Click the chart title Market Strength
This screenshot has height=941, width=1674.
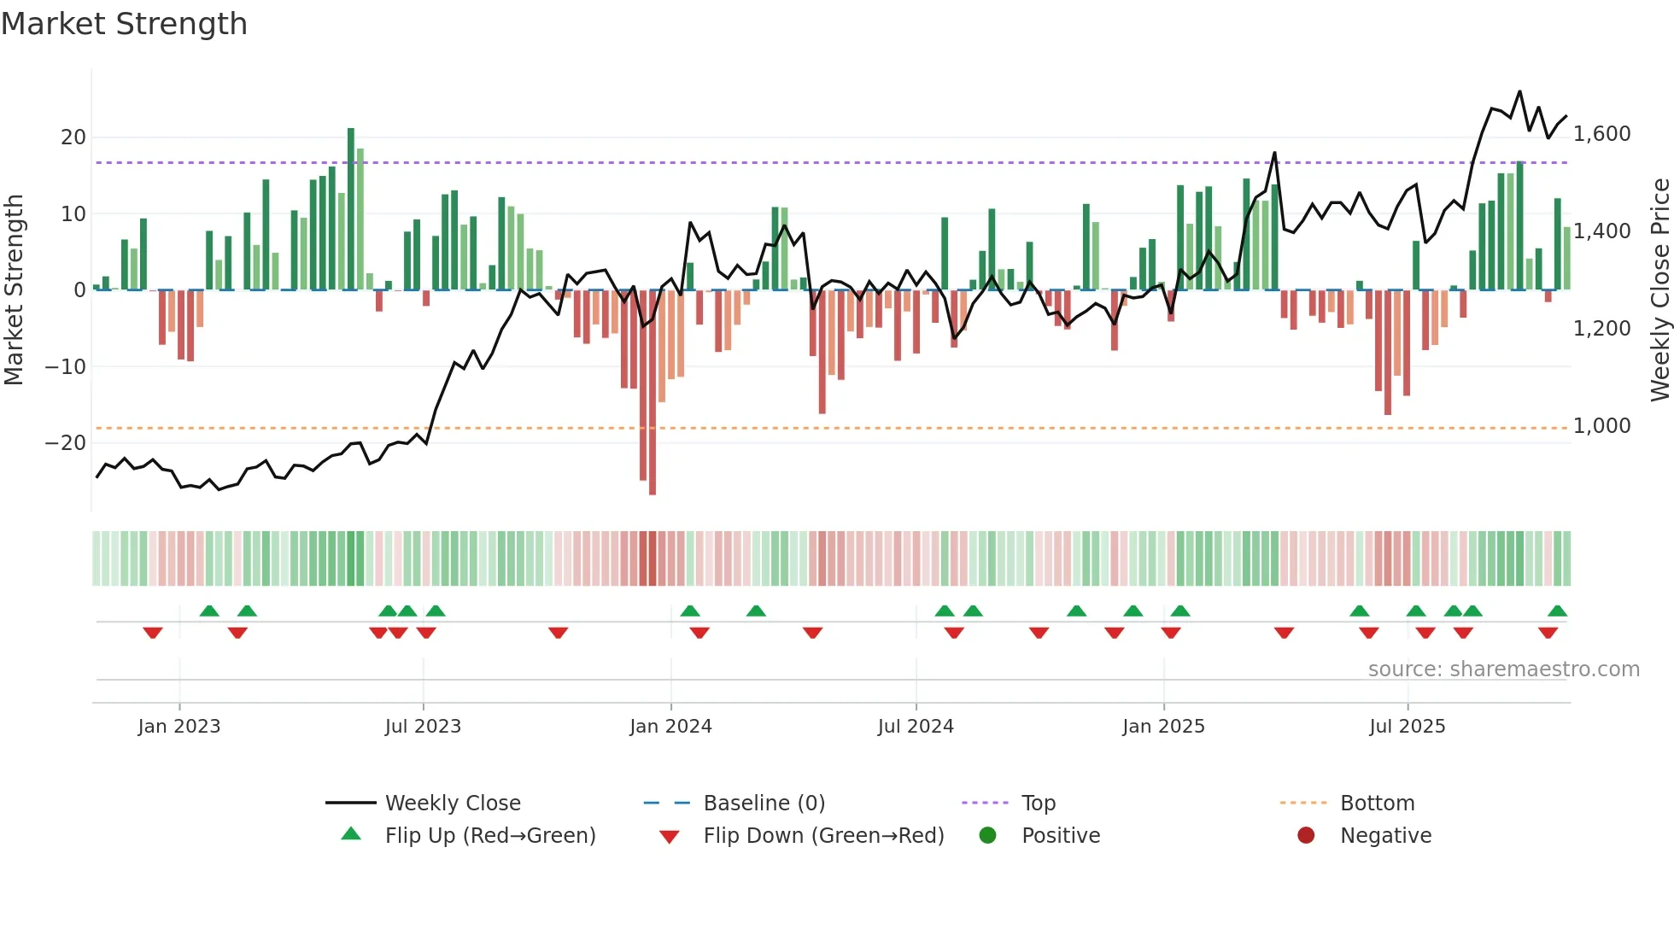coord(124,24)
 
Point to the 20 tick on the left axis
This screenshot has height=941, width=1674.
coord(73,137)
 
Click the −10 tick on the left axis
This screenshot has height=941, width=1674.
coord(66,367)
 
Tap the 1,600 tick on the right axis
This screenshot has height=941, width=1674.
coord(1601,134)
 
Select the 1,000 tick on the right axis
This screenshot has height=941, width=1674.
coord(1601,426)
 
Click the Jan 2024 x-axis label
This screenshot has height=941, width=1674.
coord(670,727)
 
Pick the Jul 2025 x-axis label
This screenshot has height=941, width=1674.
coord(1407,727)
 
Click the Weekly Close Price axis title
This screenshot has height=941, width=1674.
coord(1659,289)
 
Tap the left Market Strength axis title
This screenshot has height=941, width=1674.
coord(14,289)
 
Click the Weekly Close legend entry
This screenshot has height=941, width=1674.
coord(452,804)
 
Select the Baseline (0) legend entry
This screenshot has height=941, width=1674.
coord(764,804)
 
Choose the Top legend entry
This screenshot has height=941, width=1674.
coord(1038,804)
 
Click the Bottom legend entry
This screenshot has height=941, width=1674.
coord(1377,804)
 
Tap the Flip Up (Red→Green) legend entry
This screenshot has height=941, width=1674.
coord(489,836)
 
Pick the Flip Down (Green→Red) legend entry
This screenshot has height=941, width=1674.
coord(823,836)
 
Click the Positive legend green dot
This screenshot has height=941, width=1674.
coord(987,836)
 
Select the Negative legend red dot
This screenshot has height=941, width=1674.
coord(1306,836)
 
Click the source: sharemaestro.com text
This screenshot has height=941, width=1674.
coord(1503,669)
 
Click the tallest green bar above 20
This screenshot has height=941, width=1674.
coord(351,209)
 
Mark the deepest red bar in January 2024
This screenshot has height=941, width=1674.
coord(653,393)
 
